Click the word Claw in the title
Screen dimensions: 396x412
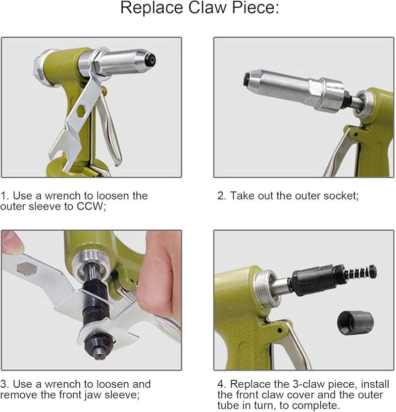(x=207, y=7)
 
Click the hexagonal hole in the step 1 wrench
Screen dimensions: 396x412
(x=81, y=111)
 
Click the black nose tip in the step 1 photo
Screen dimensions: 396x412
(x=151, y=60)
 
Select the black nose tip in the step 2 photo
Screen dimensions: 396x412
(x=247, y=79)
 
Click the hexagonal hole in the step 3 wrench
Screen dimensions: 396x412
(x=27, y=269)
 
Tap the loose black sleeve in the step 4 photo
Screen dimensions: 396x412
(x=355, y=323)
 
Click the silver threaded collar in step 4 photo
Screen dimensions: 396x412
(x=265, y=288)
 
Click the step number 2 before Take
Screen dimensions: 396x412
(x=221, y=196)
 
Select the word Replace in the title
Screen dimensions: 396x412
(x=152, y=7)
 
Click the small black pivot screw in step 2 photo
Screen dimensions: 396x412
(x=355, y=135)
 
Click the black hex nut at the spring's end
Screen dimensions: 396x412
(x=373, y=271)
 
